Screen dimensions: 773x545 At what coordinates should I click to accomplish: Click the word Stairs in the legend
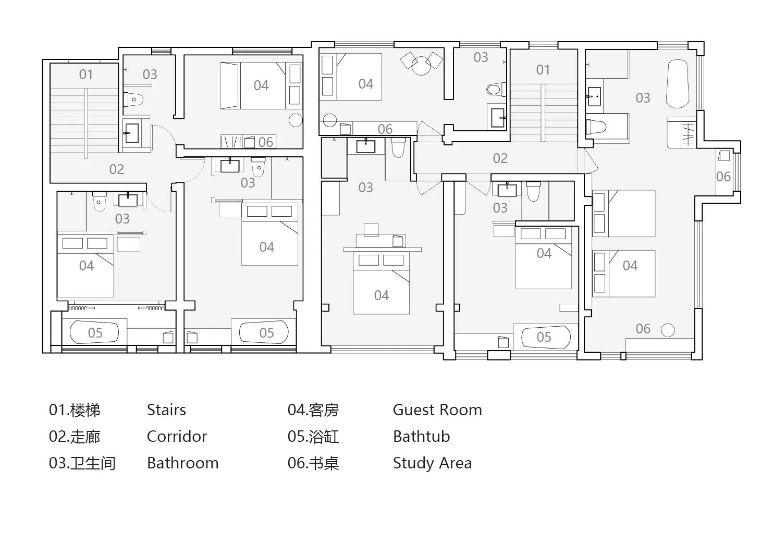click(166, 410)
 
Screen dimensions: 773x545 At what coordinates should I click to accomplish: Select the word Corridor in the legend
click(177, 436)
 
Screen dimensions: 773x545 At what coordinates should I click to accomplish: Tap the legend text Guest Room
click(437, 410)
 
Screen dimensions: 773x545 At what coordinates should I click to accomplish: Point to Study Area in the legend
click(432, 463)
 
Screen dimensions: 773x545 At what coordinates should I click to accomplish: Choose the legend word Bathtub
click(421, 436)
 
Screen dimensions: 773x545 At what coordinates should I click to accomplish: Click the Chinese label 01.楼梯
click(75, 410)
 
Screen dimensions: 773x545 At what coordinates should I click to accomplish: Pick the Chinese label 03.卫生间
click(82, 463)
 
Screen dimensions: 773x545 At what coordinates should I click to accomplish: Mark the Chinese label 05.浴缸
click(313, 437)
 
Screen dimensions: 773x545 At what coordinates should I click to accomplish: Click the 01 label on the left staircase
click(85, 75)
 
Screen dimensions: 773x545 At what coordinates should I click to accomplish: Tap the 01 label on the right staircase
click(543, 70)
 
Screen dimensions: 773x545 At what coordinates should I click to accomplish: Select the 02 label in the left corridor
click(117, 169)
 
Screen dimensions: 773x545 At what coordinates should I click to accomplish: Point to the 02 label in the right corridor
click(500, 159)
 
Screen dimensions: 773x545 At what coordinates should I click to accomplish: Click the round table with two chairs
click(421, 63)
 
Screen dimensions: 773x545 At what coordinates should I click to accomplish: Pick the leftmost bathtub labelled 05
click(94, 332)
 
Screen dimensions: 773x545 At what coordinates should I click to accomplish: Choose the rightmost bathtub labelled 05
click(546, 337)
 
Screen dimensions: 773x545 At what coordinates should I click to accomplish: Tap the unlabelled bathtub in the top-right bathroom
click(677, 84)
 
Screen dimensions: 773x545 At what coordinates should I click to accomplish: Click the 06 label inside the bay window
click(723, 177)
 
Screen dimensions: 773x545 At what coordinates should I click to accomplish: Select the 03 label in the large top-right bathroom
click(643, 98)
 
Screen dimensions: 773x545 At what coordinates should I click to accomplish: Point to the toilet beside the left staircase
click(133, 100)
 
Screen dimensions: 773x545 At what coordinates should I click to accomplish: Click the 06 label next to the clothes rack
click(266, 142)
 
